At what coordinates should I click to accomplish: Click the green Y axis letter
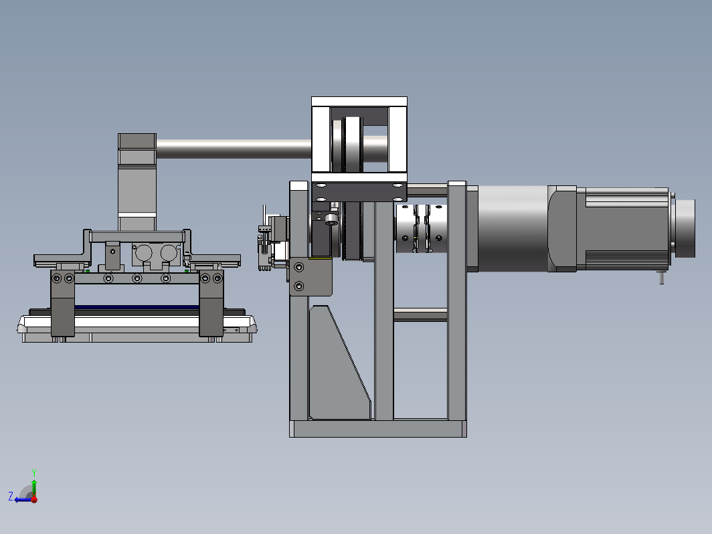(x=34, y=473)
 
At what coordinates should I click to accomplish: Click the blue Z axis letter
(x=11, y=496)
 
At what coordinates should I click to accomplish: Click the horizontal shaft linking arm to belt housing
(x=234, y=149)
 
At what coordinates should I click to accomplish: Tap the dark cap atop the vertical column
(x=137, y=141)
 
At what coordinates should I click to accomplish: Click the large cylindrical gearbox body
(x=513, y=228)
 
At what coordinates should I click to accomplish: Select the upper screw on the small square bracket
(x=298, y=268)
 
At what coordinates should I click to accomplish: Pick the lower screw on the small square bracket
(x=298, y=286)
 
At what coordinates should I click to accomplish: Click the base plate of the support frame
(x=378, y=429)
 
